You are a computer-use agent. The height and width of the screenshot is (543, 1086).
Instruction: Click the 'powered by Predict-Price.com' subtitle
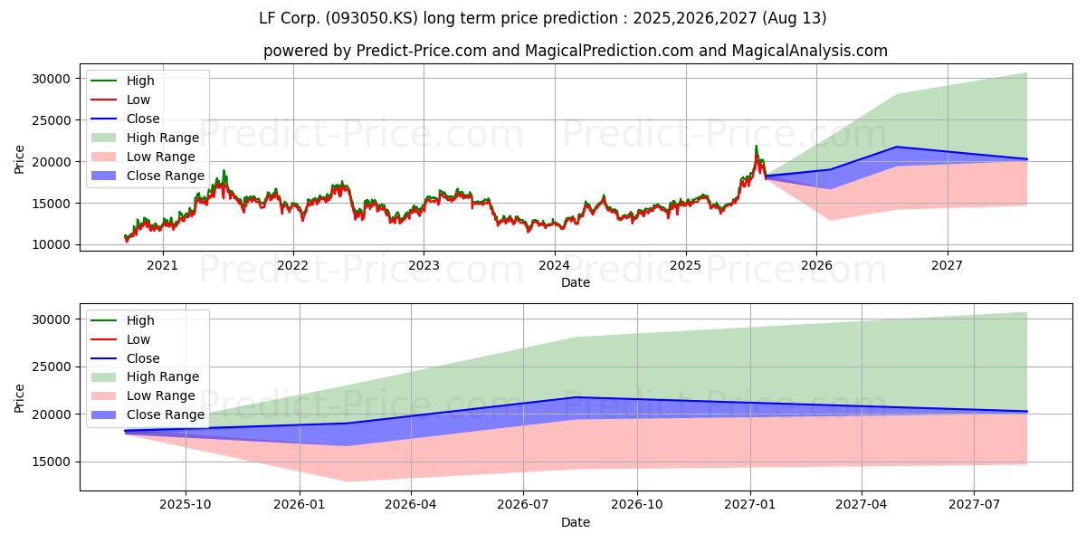(575, 51)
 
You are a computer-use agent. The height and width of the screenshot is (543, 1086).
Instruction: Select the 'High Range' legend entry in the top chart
(162, 138)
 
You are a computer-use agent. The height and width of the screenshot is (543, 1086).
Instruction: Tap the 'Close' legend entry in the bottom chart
(143, 358)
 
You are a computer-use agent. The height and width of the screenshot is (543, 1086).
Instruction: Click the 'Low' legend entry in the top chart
(138, 100)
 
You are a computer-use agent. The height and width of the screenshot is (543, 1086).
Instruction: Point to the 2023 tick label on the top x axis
(424, 265)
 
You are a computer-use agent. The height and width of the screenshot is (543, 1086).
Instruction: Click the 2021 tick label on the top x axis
(162, 265)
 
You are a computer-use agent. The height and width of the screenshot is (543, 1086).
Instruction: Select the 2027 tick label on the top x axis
(948, 265)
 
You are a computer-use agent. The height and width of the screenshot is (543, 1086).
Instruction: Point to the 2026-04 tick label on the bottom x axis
(411, 505)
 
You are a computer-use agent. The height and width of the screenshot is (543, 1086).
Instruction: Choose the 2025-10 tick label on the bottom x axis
(186, 505)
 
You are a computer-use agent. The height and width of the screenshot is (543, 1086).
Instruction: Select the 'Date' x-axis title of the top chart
(575, 282)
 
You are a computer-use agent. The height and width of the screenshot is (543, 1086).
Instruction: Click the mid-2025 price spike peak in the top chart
(757, 146)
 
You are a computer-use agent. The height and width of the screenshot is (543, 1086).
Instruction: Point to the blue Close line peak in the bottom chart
(576, 397)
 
